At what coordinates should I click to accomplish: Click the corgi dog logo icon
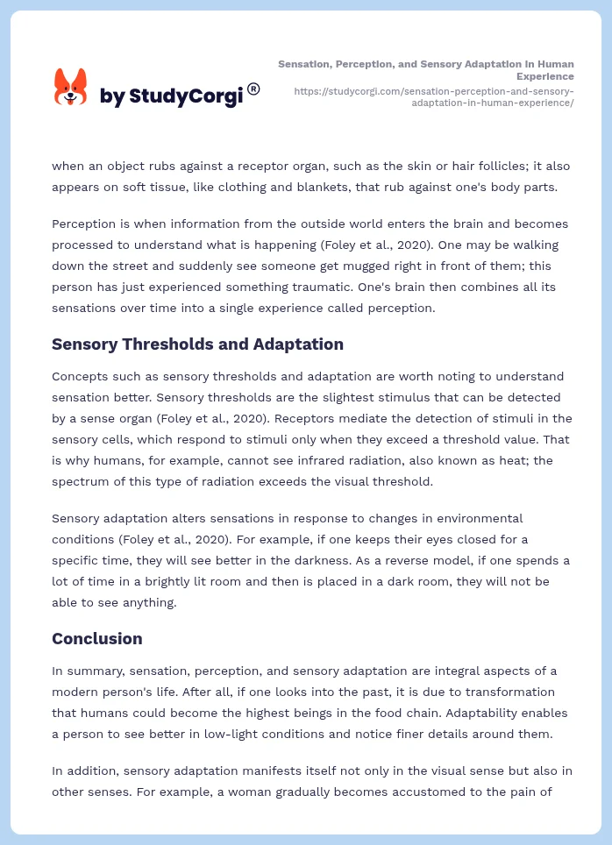pyautogui.click(x=71, y=87)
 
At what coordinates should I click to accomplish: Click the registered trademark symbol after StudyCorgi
pyautogui.click(x=253, y=89)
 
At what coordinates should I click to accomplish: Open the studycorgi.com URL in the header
pyautogui.click(x=434, y=96)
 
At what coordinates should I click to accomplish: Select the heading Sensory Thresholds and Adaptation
pyautogui.click(x=197, y=344)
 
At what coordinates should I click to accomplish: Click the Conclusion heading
pyautogui.click(x=96, y=639)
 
